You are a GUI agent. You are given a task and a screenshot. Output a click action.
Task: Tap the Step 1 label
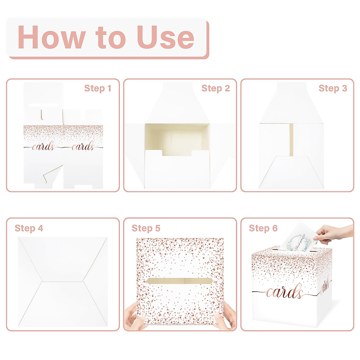97,88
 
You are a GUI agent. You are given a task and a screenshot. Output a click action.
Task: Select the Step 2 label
215,88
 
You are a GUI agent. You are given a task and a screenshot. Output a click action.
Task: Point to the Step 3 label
332,88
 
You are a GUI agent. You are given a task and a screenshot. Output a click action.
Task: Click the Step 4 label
29,228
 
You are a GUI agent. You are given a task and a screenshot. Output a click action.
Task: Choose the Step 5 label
146,228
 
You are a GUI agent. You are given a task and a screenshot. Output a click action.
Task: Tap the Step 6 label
263,228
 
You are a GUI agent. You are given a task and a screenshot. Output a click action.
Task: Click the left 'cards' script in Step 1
43,147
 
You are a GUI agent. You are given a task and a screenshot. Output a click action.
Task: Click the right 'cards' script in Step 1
83,147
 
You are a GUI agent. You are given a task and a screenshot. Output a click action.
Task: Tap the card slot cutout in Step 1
43,105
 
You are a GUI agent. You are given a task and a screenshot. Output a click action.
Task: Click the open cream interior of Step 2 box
177,138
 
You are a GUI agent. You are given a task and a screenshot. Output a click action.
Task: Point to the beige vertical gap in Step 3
291,139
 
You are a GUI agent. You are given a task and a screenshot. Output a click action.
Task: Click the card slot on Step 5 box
180,281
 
